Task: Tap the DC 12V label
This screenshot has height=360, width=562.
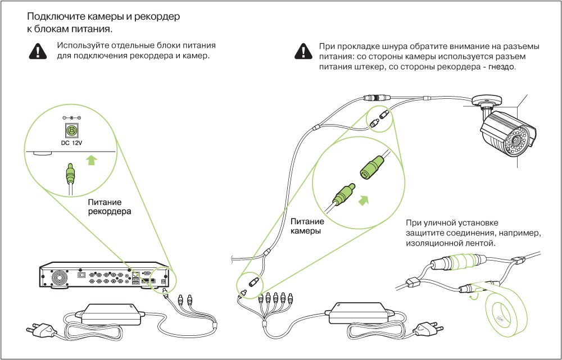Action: (x=71, y=143)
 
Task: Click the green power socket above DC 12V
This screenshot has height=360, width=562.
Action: (x=71, y=131)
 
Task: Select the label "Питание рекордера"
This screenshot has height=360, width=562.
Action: (x=109, y=207)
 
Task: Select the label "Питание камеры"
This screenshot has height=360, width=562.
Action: (x=306, y=227)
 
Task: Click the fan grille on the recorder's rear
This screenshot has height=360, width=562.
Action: (x=58, y=278)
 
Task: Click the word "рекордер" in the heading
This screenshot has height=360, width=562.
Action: (x=160, y=17)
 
